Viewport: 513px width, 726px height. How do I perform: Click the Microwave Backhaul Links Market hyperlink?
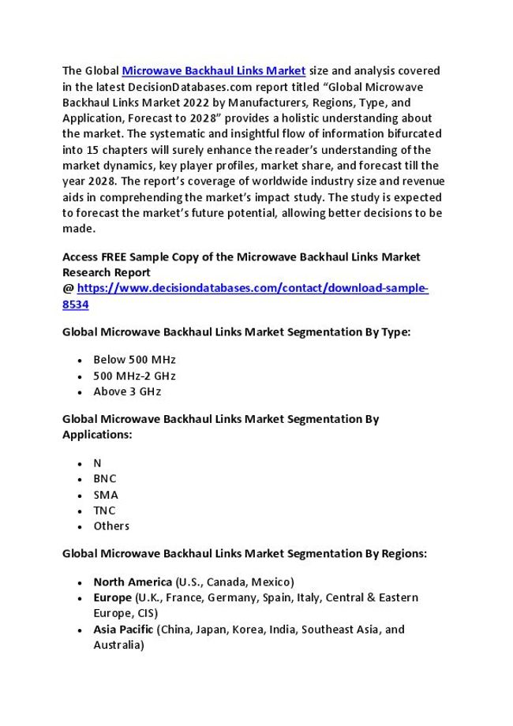coord(214,72)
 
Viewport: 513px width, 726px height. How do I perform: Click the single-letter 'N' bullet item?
coord(97,464)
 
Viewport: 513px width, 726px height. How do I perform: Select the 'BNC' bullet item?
coord(103,479)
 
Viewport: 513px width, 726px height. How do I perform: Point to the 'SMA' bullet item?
coord(104,495)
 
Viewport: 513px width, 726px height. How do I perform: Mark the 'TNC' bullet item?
coord(103,511)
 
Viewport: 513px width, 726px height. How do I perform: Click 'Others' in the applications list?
coord(111,526)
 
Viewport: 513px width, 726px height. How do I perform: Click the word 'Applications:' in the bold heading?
coord(97,434)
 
